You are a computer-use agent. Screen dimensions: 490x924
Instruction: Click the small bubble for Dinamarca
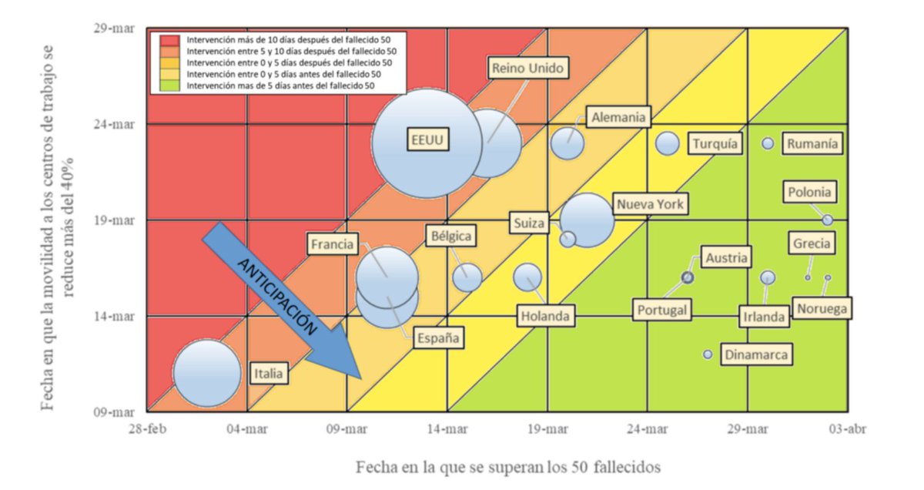pos(708,354)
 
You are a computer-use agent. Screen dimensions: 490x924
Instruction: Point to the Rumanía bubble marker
pos(768,143)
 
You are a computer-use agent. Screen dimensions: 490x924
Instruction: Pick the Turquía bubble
pos(668,143)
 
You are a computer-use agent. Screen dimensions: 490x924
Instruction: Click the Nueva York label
pos(650,204)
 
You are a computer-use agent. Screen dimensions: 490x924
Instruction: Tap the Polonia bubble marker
pos(827,220)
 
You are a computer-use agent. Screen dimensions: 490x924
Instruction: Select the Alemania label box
pos(618,118)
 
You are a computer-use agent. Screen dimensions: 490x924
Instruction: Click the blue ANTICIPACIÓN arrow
pos(281,300)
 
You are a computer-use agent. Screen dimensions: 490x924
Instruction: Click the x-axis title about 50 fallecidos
pos(508,467)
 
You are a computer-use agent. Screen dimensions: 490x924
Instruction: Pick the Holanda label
pos(545,315)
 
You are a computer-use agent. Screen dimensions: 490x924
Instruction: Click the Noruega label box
pos(822,309)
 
